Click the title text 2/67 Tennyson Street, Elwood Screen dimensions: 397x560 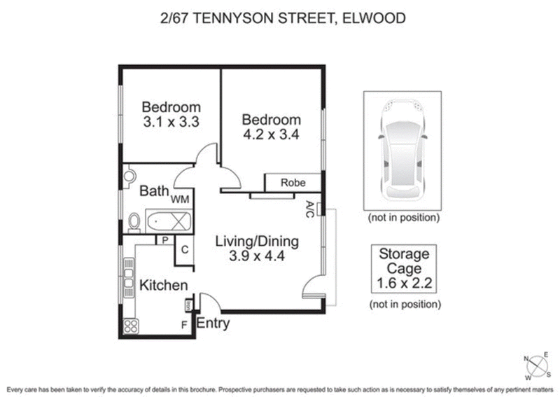pos(281,17)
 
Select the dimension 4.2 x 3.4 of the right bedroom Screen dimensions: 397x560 pos(271,135)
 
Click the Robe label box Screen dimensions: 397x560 pos(293,183)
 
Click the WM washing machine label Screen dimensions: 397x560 pos(181,200)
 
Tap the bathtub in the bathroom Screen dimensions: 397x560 pos(168,222)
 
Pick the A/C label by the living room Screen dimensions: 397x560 pos(310,208)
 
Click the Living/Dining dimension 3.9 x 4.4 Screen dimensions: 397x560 pos(256,256)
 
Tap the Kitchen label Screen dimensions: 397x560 pos(164,285)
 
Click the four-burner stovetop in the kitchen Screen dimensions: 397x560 pos(130,326)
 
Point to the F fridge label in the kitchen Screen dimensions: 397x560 pos(184,325)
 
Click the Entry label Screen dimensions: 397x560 pos(212,324)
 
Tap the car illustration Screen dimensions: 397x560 pos(402,150)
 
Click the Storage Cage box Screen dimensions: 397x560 pos(405,268)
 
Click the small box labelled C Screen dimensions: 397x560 pos(184,249)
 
